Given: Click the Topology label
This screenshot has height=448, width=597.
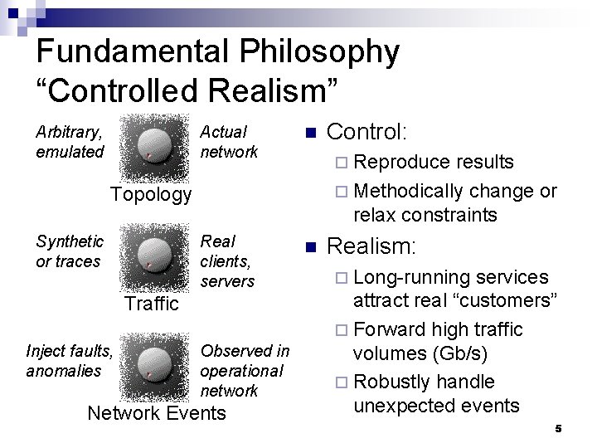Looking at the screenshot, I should pyautogui.click(x=150, y=194).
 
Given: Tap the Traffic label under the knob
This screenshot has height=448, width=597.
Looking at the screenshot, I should pyautogui.click(x=151, y=304).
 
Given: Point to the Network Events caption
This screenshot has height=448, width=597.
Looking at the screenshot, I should pyautogui.click(x=156, y=412).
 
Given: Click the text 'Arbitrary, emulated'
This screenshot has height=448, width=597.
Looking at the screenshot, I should pyautogui.click(x=70, y=142).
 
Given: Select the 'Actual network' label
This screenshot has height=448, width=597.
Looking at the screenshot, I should pyautogui.click(x=229, y=142).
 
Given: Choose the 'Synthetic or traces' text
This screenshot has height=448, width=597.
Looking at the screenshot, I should pyautogui.click(x=70, y=251).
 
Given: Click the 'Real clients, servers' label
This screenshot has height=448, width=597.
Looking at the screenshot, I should pyautogui.click(x=227, y=261).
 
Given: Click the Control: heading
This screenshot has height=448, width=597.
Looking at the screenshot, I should pyautogui.click(x=367, y=132).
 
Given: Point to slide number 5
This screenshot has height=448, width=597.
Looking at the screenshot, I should pyautogui.click(x=559, y=429).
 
